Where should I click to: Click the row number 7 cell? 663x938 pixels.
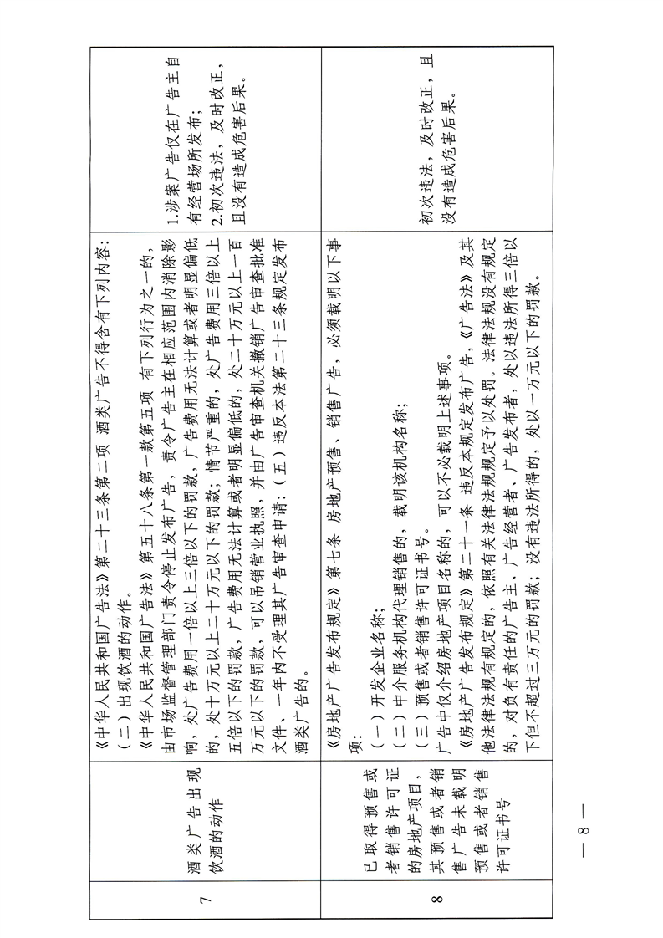point(207,899)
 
